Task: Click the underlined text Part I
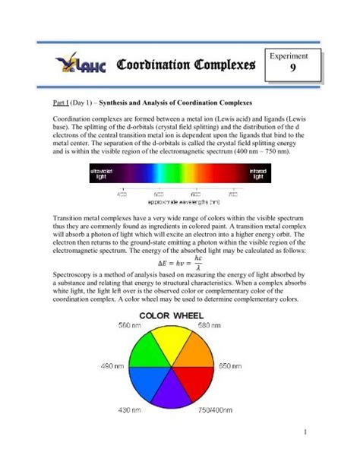click(x=62, y=102)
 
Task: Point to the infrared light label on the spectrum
click(x=253, y=176)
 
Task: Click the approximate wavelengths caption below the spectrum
click(x=179, y=201)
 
